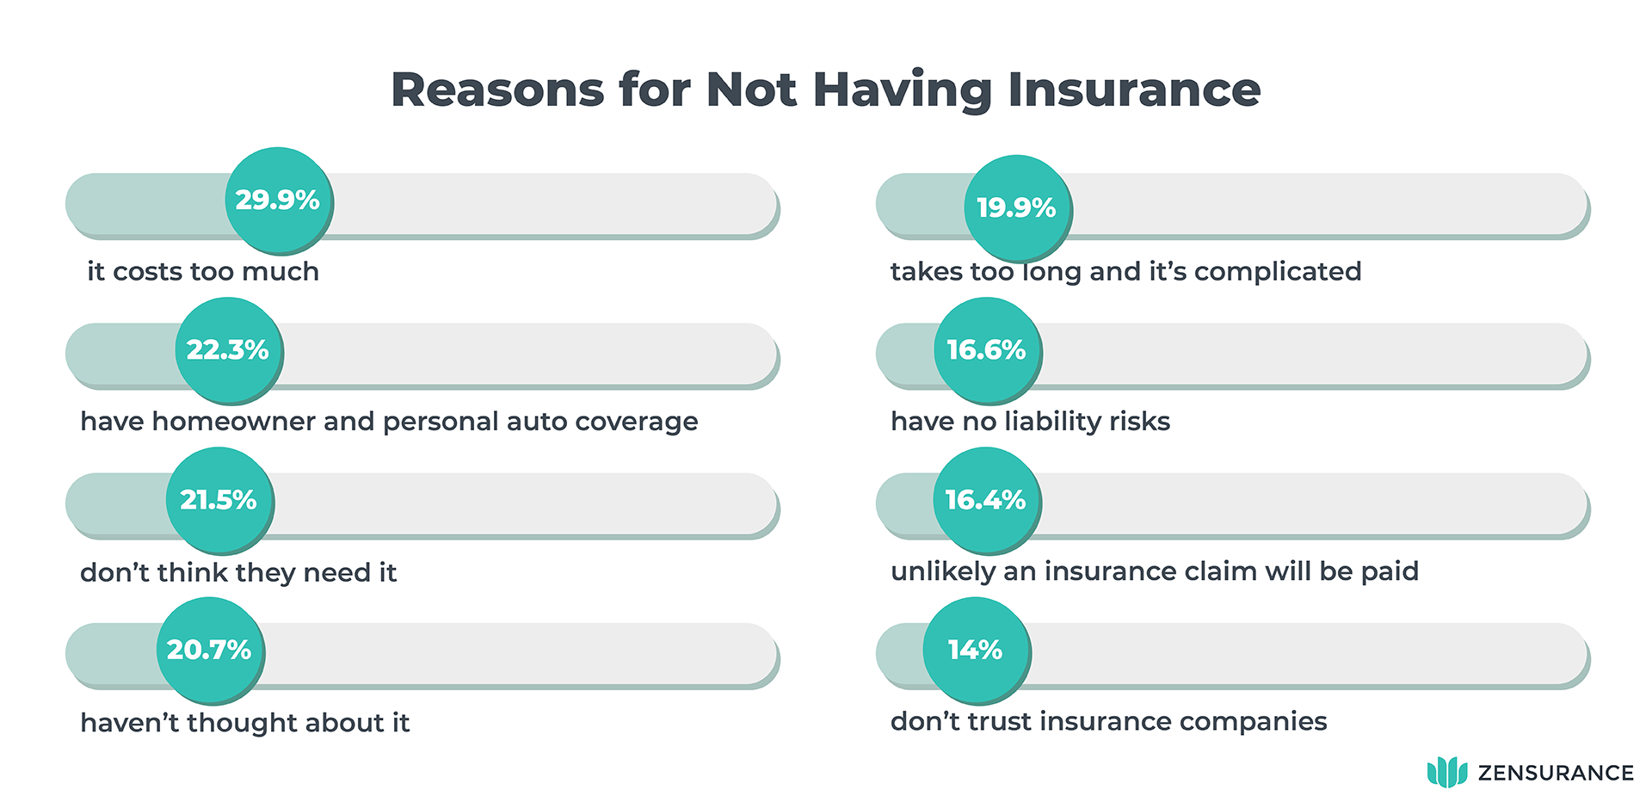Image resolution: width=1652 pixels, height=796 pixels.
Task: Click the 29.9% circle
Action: (278, 200)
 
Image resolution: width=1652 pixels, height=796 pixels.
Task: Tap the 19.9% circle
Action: (1016, 207)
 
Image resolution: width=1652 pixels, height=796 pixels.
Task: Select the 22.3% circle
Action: (228, 349)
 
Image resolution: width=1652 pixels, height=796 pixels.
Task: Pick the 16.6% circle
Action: (987, 349)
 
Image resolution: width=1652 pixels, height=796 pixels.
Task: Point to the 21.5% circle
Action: (219, 499)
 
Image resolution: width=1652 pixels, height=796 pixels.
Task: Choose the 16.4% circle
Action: (986, 499)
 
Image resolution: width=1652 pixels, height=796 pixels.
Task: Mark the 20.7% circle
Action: (209, 649)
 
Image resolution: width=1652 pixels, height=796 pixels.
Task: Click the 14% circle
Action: (976, 649)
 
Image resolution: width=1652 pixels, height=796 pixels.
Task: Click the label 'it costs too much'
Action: (203, 271)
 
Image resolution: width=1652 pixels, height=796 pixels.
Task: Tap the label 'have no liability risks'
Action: (1030, 421)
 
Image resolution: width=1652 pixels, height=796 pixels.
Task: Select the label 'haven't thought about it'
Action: (244, 722)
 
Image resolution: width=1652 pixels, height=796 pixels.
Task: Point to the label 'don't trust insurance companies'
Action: (1108, 720)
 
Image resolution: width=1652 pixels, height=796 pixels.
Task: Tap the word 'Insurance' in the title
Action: (1134, 89)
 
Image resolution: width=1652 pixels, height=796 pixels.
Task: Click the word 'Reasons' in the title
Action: (497, 89)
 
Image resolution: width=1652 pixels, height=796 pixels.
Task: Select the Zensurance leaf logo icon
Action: (1446, 772)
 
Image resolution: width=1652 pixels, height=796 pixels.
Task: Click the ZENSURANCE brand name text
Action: (1556, 773)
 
